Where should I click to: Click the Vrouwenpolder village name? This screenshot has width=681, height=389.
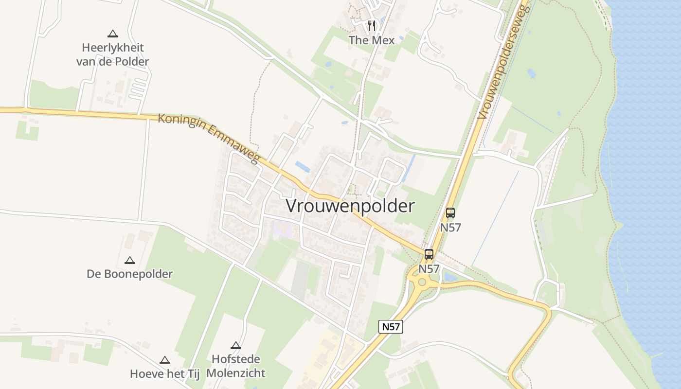[x=350, y=206]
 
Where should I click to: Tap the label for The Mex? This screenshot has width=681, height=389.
[x=372, y=40]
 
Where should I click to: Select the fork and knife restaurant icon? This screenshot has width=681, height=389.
[x=372, y=25]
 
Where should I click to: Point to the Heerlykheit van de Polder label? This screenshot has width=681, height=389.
[x=113, y=54]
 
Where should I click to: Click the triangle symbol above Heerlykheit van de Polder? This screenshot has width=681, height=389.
[x=113, y=34]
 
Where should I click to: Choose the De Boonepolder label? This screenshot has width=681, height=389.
[x=130, y=274]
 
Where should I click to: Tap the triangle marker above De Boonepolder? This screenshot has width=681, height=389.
[x=129, y=260]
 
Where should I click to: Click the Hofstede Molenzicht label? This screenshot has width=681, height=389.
[x=236, y=366]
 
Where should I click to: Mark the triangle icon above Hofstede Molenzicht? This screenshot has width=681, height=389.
[x=236, y=345]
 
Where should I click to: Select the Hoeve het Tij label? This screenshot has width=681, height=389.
[x=165, y=374]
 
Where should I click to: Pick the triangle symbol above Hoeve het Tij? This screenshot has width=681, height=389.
[x=165, y=360]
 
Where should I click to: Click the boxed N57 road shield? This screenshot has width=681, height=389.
[x=391, y=327]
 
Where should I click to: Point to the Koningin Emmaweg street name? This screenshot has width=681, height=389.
[x=209, y=138]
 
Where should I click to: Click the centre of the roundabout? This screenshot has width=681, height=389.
[x=422, y=282]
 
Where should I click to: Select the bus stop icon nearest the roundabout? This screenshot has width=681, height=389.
[x=429, y=254]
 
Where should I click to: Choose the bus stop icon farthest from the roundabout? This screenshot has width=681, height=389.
[x=450, y=212]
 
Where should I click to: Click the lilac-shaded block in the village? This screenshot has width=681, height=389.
[x=283, y=229]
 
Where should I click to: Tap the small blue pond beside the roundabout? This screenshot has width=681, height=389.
[x=450, y=277]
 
